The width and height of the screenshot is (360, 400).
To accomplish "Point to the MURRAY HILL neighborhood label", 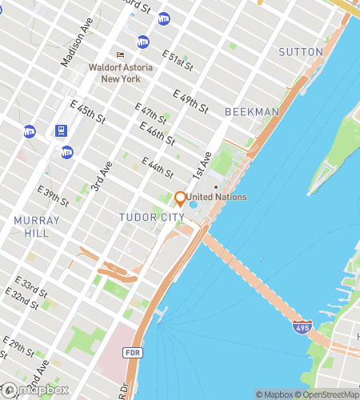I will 36,226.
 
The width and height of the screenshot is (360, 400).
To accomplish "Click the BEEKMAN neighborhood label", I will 252,111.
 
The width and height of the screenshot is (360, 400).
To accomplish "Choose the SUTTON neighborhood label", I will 300,52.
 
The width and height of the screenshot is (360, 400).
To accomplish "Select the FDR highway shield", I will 131,353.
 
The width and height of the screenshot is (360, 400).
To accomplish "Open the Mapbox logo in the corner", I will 34,390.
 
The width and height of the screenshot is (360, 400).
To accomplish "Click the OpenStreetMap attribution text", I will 326,394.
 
